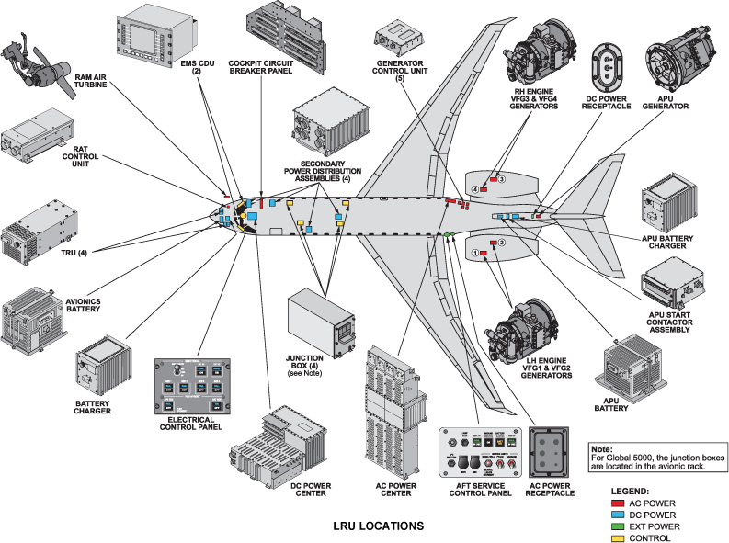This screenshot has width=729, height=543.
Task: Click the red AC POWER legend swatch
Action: pyautogui.click(x=619, y=503)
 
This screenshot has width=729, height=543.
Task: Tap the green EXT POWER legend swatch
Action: pyautogui.click(x=619, y=526)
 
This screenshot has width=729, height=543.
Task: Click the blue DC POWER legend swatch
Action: pyautogui.click(x=619, y=515)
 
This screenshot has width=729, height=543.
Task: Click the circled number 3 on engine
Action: pyautogui.click(x=503, y=178)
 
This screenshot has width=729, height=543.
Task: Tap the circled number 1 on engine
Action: pyautogui.click(x=474, y=253)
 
